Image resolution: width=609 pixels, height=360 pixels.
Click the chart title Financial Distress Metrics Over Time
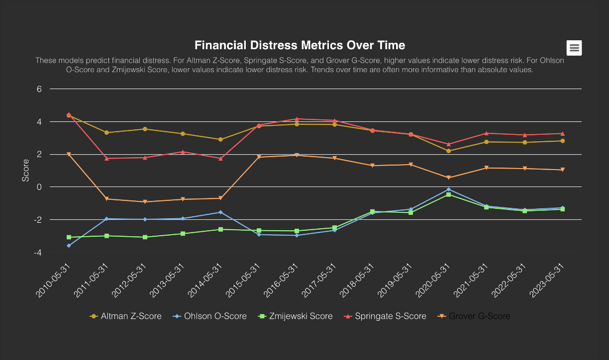300,45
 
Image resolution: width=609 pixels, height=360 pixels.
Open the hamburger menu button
574,48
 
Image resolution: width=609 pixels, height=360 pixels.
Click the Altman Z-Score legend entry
125,316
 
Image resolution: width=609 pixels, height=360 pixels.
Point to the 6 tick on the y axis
38,89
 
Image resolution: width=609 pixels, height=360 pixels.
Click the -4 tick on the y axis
37,253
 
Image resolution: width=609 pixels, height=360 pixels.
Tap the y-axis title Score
26,171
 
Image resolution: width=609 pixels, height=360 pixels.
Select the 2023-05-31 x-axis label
548,279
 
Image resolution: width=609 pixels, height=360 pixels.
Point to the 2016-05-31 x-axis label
282,279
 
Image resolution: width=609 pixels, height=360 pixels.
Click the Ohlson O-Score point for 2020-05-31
449,189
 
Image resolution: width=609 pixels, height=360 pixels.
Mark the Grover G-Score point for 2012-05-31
145,202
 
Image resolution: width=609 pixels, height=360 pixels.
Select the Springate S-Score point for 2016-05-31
297,119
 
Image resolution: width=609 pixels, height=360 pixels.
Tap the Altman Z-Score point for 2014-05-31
221,140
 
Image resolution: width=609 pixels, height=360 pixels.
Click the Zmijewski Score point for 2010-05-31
69,237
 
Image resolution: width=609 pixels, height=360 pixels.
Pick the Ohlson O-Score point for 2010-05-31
69,246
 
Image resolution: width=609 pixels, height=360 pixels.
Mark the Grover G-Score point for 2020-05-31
449,178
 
